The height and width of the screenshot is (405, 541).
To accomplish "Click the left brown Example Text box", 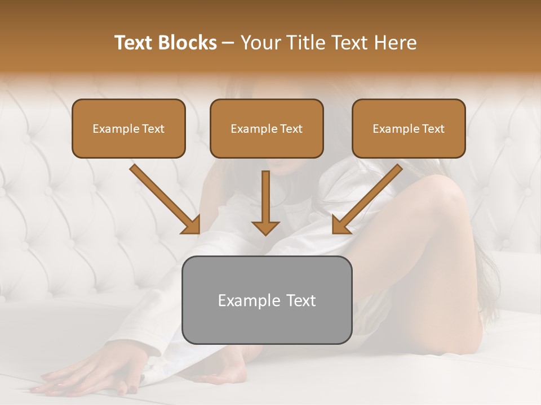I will tap(128, 128).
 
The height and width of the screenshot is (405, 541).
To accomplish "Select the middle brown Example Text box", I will tap(267, 128).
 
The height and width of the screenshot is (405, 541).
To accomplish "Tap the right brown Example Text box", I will tap(409, 128).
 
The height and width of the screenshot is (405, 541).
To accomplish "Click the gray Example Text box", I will tap(267, 300).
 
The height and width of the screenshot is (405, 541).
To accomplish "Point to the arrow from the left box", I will tap(163, 198).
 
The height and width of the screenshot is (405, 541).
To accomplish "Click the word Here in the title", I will tap(394, 43).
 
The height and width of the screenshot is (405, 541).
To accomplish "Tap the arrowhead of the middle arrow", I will tap(265, 227).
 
